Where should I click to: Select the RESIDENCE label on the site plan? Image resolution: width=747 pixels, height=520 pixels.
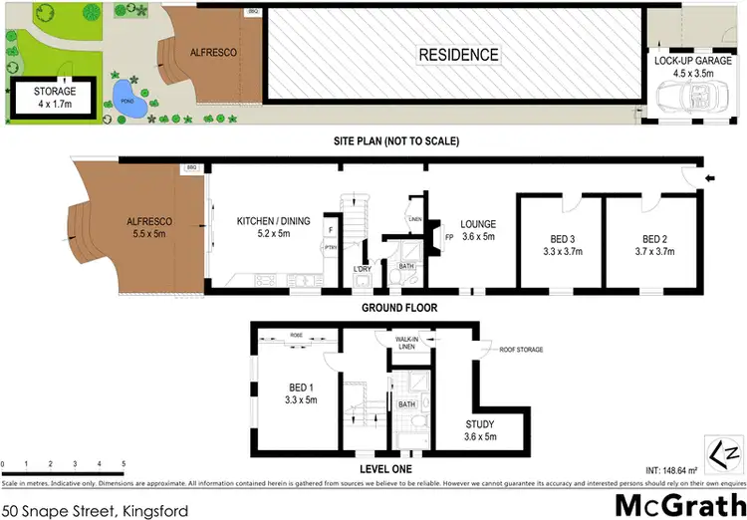[458, 55]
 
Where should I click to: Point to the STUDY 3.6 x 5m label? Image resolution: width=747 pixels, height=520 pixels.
[479, 430]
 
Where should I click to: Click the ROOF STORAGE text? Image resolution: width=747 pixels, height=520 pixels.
[521, 350]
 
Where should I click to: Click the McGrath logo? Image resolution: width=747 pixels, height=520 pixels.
[678, 503]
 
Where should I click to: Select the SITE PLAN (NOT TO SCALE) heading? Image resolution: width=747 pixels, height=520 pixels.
[396, 141]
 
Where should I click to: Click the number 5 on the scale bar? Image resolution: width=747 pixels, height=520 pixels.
[124, 464]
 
